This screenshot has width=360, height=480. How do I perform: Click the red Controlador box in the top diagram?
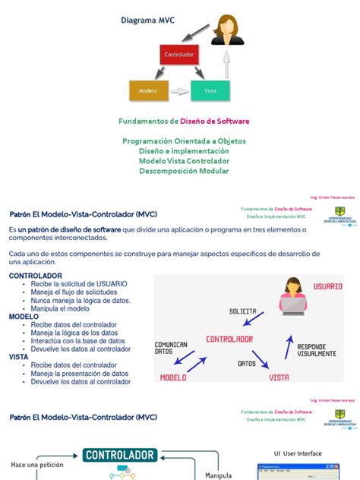(180, 55)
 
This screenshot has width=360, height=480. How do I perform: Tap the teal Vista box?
(210, 90)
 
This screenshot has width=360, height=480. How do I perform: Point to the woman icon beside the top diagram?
(227, 30)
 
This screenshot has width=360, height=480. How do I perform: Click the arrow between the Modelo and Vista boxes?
(179, 91)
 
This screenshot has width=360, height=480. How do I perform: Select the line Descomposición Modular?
(184, 171)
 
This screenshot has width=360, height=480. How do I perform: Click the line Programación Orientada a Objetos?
(184, 141)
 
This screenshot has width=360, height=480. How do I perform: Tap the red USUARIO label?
(328, 286)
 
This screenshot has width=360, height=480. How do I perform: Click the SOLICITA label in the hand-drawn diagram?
(242, 311)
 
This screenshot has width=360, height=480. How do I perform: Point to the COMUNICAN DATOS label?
(171, 348)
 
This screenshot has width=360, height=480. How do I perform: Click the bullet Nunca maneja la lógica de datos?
(81, 300)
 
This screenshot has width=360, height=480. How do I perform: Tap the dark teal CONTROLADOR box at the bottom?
(121, 456)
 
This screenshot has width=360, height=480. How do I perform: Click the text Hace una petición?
(36, 464)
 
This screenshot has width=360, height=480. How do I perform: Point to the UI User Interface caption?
(298, 453)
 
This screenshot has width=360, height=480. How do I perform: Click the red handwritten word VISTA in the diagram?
(279, 376)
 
